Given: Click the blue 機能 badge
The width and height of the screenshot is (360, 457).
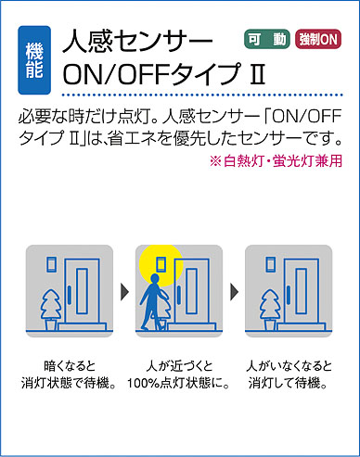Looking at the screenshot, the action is tap(34, 60).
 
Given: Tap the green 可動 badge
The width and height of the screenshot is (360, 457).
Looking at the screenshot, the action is tap(267, 39).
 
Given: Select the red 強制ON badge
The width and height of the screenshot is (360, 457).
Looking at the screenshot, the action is tap(318, 39).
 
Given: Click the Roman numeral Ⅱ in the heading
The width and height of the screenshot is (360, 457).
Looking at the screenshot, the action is tap(257, 74).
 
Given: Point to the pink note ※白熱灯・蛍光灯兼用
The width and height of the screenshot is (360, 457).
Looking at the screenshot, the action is tap(276, 161).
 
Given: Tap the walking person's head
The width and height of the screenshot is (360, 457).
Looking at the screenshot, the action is tap(154, 279).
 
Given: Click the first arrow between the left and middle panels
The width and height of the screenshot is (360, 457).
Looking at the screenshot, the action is tap(124, 291).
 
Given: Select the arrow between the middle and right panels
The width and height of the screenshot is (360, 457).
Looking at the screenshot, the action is tap(235, 291).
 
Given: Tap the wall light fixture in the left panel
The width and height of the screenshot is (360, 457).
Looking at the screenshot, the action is tap(51, 264).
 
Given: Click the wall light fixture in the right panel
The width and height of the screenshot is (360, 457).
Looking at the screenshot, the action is tap(271, 264).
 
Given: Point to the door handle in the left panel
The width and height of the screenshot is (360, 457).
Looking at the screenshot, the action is tap(69, 294).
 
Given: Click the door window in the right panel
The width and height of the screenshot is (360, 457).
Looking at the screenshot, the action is tap(302, 291).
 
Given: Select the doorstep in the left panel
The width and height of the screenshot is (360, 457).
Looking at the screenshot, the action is tap(83, 326).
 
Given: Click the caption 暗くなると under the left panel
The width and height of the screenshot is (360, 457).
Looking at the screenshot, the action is tap(70, 366).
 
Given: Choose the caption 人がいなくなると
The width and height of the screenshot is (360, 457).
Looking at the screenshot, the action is tap(289, 366).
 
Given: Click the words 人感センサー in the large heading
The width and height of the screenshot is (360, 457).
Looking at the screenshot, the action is tap(137, 41).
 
